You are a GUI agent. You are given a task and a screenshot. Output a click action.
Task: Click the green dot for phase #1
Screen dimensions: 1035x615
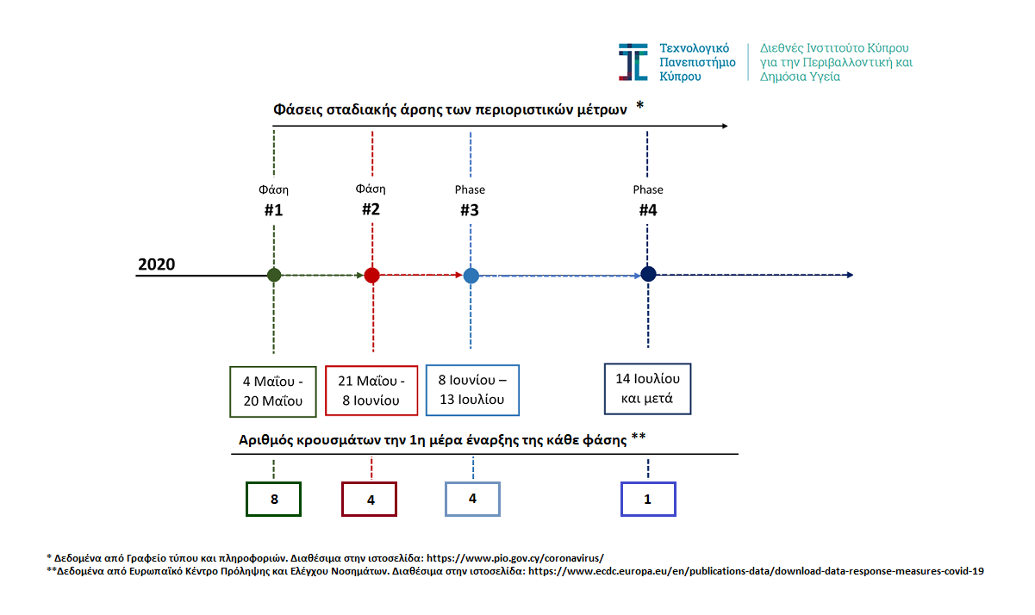[x=274, y=275]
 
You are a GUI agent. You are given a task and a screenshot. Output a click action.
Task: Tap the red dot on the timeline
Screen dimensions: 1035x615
[x=372, y=275]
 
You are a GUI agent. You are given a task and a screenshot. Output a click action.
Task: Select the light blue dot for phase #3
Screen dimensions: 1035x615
[x=471, y=276]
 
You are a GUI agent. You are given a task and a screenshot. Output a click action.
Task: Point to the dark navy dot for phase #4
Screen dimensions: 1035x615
[x=648, y=274]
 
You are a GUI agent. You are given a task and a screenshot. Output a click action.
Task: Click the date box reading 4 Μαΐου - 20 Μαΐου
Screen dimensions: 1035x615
[x=273, y=392]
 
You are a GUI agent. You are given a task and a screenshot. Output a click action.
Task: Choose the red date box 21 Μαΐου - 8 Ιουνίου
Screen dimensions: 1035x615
[x=371, y=390]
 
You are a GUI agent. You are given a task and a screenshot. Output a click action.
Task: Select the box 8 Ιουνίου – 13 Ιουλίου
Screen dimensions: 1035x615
[x=472, y=390]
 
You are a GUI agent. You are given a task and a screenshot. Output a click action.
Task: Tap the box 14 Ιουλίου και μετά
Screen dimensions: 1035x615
[x=647, y=388]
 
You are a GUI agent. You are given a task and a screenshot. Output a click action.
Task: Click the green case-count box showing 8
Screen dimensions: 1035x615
[x=273, y=499]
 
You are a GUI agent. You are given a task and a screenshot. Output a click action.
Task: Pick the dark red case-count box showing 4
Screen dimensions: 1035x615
[x=369, y=499]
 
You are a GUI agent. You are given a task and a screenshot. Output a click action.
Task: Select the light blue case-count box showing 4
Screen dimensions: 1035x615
[x=472, y=499]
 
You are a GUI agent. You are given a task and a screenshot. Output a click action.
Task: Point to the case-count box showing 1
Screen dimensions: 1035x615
[x=648, y=499]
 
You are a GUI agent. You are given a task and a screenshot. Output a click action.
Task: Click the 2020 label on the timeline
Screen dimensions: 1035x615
[x=157, y=264]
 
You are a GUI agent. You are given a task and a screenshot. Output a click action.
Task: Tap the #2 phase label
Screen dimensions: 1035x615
[x=371, y=209]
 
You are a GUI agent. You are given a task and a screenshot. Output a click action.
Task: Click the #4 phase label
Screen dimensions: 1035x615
[x=648, y=210]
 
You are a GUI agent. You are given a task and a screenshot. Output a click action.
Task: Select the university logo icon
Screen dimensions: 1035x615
[x=633, y=62]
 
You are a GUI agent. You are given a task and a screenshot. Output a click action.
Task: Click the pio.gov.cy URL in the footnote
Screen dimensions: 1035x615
[x=515, y=558]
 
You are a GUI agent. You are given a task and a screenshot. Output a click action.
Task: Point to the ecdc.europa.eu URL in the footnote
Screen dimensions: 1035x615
[x=756, y=571]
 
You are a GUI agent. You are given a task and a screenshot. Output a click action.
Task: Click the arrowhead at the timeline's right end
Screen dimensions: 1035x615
[x=850, y=275]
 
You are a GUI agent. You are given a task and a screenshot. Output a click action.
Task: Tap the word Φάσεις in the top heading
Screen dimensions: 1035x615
[x=298, y=110]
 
